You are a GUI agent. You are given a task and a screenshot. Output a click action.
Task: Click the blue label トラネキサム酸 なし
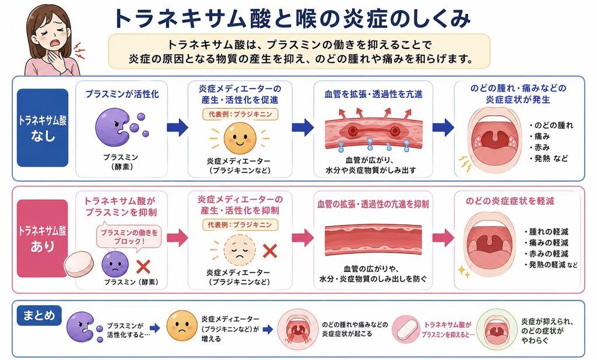[x=43, y=128]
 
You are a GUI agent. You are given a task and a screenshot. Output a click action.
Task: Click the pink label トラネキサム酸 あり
[x=43, y=239]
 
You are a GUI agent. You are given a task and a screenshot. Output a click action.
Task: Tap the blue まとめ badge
[x=39, y=316]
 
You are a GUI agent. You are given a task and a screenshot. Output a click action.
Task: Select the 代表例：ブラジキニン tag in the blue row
[x=240, y=114]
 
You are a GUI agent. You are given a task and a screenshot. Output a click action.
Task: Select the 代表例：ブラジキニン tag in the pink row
[x=240, y=224]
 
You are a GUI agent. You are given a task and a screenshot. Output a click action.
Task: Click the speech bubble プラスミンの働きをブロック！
[x=129, y=237]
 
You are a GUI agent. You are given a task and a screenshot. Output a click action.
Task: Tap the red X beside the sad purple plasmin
[x=143, y=267]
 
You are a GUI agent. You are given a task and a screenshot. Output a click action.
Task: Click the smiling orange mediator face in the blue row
[x=240, y=137]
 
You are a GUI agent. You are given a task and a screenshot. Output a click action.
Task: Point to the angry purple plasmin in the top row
[x=113, y=128]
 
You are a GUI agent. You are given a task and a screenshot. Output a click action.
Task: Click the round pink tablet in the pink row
[x=79, y=263]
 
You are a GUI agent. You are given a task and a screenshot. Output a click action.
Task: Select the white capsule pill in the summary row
[x=408, y=330]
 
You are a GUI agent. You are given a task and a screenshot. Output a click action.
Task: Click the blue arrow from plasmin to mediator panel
[x=177, y=127]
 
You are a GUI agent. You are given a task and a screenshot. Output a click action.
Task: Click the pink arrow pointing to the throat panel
[x=444, y=238]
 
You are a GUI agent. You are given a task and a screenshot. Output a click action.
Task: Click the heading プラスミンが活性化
[x=122, y=94]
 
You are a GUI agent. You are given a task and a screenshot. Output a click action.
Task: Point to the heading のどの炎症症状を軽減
[x=510, y=201]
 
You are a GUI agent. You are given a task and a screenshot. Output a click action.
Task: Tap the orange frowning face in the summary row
[x=182, y=326]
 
